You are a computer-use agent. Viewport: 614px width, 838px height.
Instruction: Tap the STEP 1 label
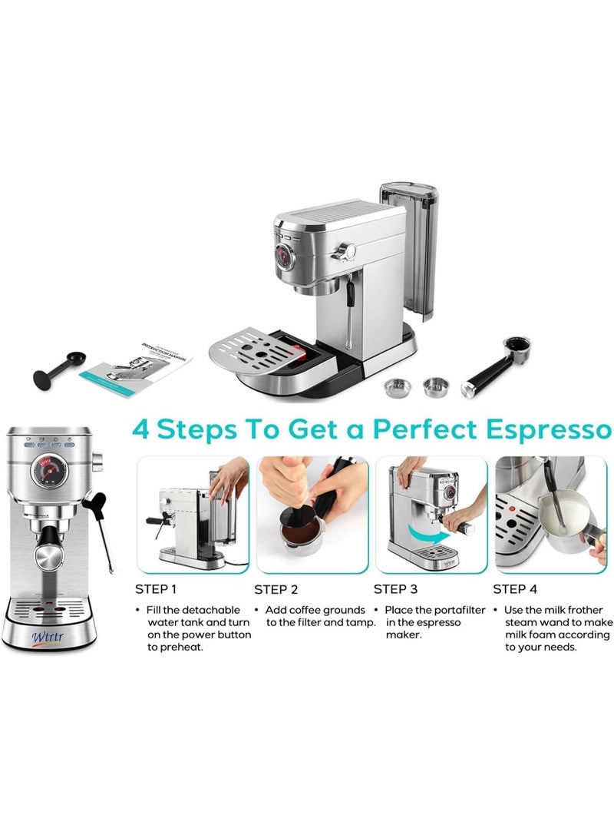click(x=156, y=590)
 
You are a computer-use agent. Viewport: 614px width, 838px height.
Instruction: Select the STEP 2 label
click(x=276, y=590)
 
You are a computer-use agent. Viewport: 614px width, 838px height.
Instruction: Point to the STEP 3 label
click(x=395, y=590)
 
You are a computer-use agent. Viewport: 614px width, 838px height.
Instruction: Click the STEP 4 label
click(x=515, y=590)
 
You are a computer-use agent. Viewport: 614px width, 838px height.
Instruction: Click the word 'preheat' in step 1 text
click(x=178, y=648)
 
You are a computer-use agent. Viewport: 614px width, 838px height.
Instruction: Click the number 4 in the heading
click(x=140, y=427)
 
